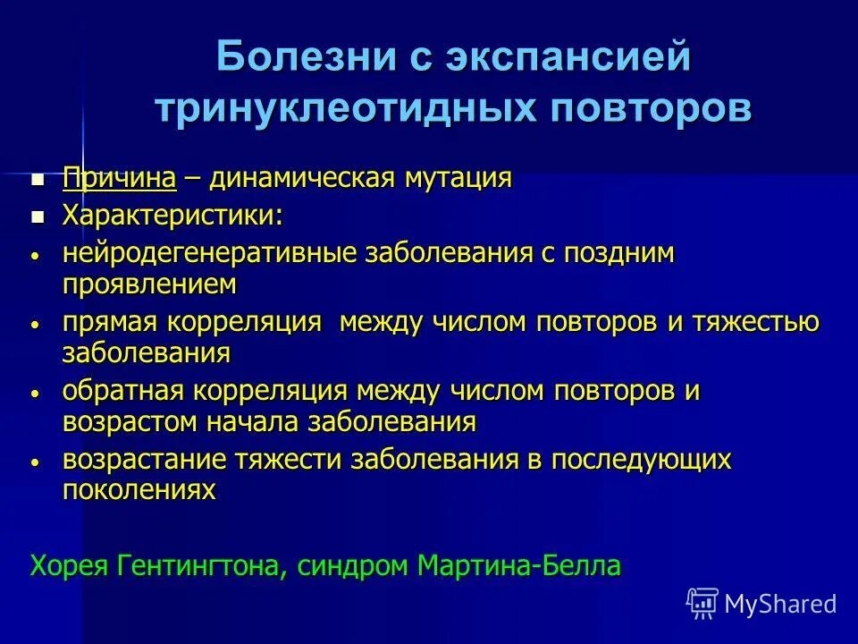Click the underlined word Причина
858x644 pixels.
tap(119, 178)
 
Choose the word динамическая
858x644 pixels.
tap(299, 178)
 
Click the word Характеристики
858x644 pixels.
tap(170, 216)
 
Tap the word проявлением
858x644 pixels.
tap(149, 285)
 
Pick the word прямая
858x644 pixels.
tap(107, 323)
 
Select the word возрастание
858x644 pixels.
tap(145, 460)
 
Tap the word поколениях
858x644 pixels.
tap(139, 491)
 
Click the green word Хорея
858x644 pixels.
tap(70, 565)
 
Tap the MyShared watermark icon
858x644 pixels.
tap(702, 604)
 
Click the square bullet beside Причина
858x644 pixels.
tap(38, 180)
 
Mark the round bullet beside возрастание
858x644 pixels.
tap(35, 462)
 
